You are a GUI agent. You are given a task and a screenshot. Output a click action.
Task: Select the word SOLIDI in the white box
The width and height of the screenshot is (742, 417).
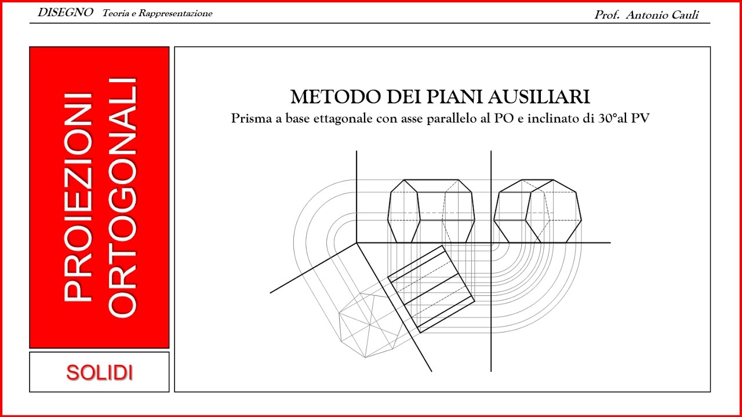99,372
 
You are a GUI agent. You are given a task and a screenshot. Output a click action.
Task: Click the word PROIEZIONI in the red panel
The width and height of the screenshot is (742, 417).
78,197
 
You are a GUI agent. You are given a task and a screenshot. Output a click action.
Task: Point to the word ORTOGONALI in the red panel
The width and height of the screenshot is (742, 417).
123,197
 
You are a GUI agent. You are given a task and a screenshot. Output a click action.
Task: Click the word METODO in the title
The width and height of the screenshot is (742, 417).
326,97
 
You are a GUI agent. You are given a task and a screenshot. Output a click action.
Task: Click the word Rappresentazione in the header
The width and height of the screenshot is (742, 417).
174,13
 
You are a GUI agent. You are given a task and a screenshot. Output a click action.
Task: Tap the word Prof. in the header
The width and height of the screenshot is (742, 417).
608,15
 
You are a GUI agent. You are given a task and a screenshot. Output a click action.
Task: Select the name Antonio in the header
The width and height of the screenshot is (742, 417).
645,15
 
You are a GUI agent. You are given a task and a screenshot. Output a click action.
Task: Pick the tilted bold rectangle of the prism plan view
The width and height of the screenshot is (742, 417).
431,288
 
